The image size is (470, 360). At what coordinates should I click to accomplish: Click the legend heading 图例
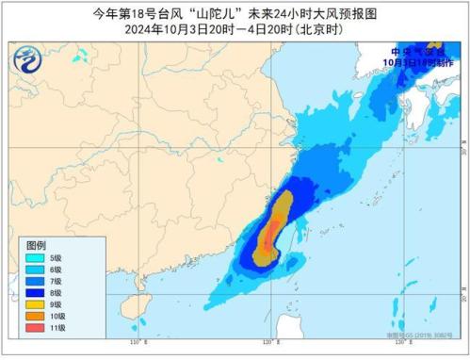pos(36,242)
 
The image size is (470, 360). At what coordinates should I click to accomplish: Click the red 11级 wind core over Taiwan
pos(269,230)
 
